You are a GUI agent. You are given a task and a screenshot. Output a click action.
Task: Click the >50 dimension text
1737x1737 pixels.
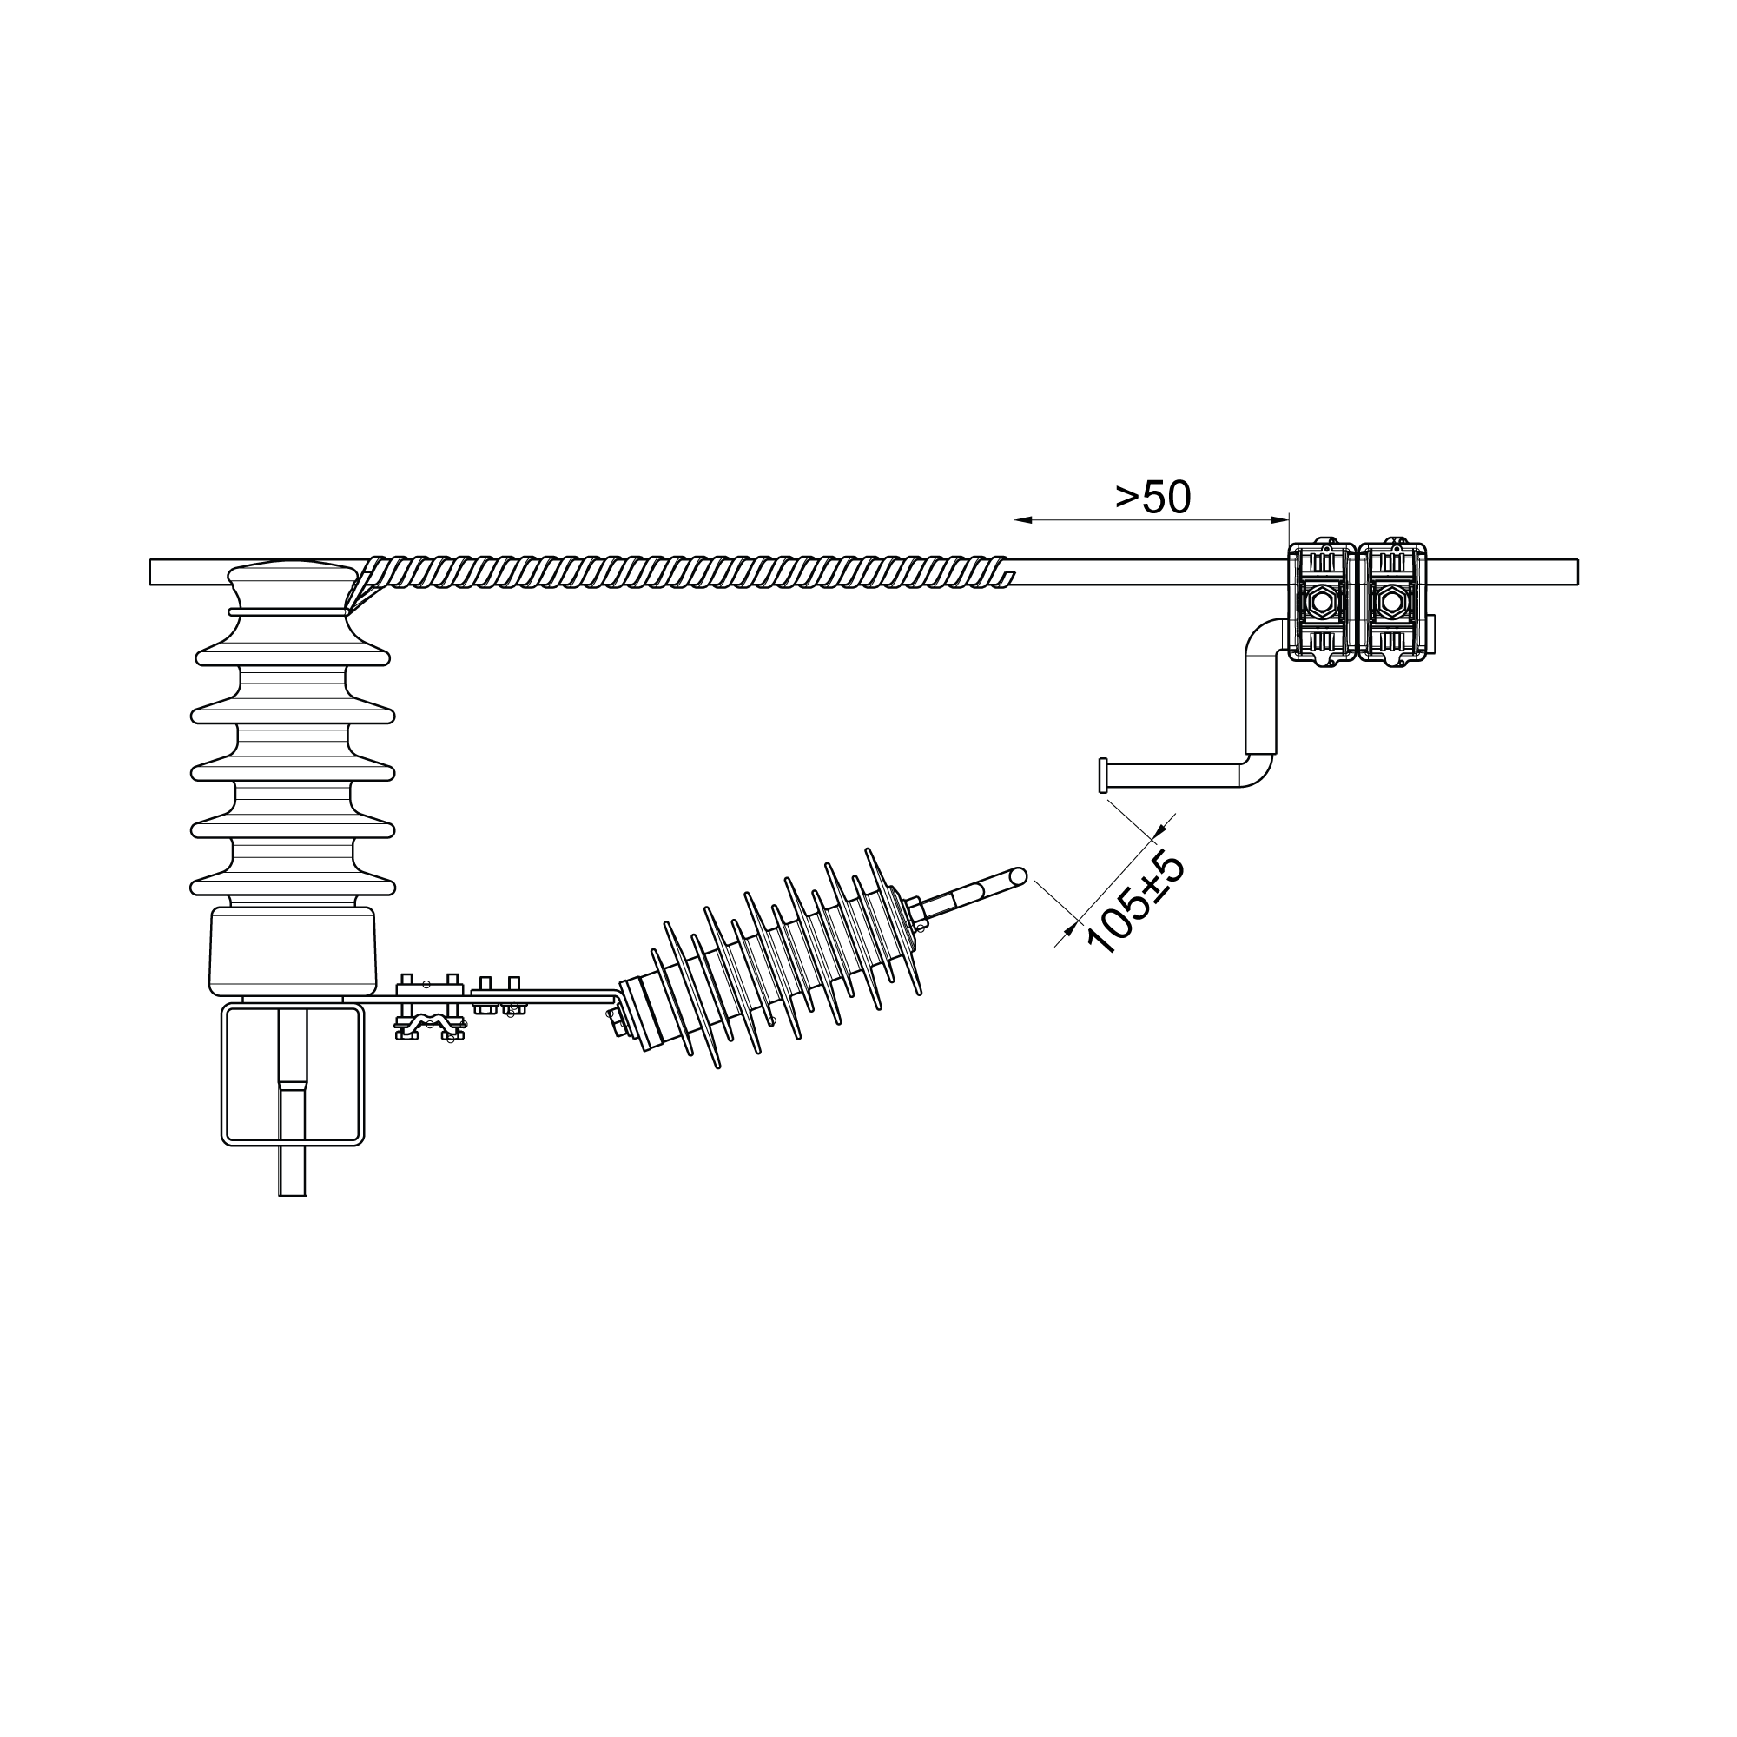(1152, 496)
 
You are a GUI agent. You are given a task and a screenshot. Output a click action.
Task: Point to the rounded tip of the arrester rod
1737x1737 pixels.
(1018, 875)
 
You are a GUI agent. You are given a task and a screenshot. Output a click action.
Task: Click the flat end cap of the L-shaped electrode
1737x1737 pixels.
(1103, 775)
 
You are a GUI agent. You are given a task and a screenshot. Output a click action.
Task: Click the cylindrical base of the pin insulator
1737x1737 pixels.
(292, 951)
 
